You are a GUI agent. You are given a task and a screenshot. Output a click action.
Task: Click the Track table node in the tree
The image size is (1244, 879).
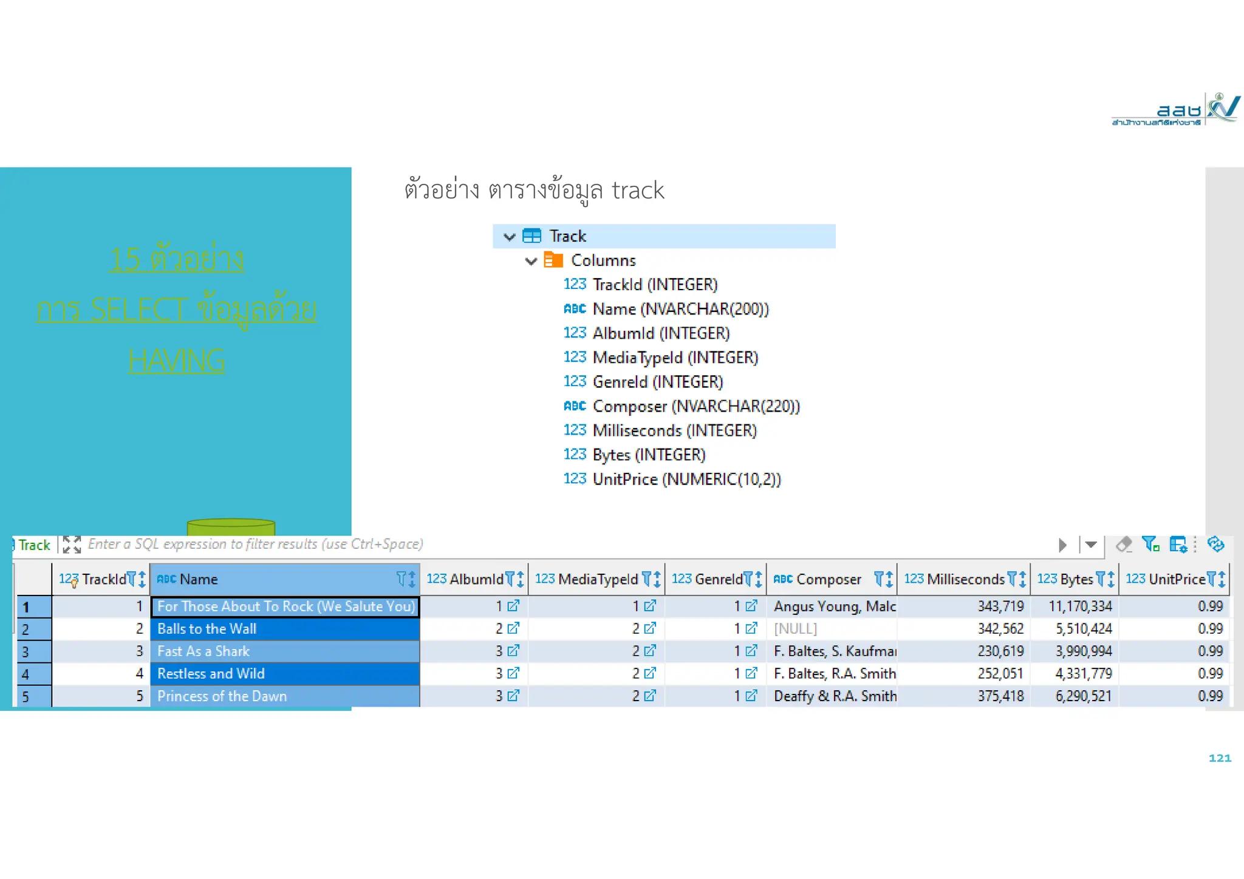(567, 236)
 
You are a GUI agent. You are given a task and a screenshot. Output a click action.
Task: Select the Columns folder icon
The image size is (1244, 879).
(553, 260)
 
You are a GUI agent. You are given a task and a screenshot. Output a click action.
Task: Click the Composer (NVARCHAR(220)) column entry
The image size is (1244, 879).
(695, 406)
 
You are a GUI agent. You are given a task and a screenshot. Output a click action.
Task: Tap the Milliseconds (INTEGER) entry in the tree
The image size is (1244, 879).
(674, 430)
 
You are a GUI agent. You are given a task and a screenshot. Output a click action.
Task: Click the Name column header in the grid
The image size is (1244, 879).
(199, 579)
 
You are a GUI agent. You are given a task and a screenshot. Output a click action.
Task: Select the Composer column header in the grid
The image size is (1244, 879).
(828, 579)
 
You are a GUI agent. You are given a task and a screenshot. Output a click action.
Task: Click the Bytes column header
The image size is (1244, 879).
(1076, 579)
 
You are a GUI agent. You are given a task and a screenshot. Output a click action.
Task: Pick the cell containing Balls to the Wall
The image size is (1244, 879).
(207, 629)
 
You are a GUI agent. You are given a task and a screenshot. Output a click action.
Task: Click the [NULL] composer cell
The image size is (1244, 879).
(795, 629)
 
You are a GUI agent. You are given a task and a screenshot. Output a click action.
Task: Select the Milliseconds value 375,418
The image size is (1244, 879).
(1000, 696)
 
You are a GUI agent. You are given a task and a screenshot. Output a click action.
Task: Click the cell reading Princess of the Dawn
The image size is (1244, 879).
(222, 696)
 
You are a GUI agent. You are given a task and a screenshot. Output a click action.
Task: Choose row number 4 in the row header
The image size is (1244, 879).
(26, 674)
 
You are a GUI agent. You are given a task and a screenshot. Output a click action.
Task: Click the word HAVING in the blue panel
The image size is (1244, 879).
(176, 361)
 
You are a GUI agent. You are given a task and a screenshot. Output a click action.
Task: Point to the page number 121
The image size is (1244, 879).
(1219, 758)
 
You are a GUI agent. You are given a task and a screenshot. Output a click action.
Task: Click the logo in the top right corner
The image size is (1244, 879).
(1175, 110)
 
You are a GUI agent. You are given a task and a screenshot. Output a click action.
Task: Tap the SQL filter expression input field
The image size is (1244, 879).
(255, 545)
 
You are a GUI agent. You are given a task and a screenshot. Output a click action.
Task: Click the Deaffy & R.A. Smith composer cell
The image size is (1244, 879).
(835, 696)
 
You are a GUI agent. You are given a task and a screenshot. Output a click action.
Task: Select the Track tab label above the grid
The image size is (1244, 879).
(34, 545)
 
